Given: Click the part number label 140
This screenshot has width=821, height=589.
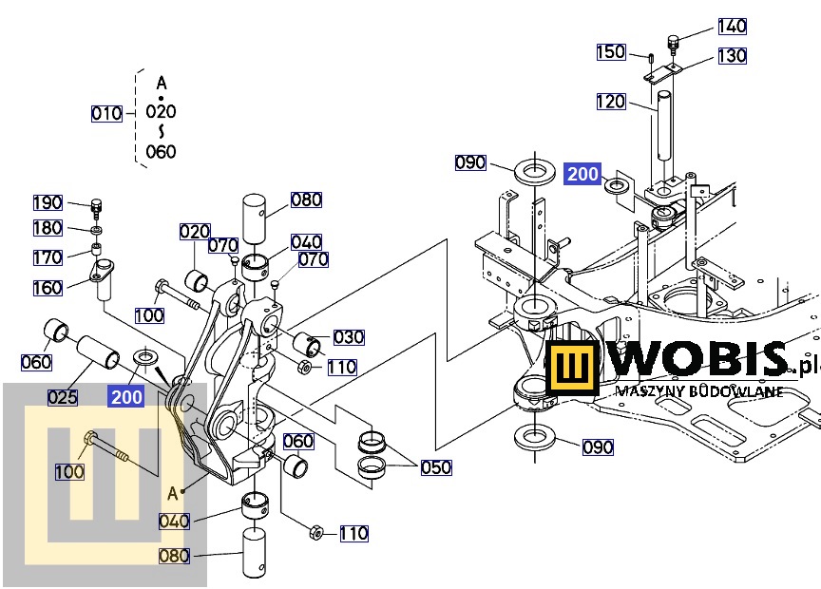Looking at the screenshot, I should [732, 27].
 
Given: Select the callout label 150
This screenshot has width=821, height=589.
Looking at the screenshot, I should [611, 52].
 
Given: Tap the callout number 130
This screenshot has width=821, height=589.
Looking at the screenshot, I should [732, 56].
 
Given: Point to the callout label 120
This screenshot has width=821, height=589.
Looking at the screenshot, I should [611, 102].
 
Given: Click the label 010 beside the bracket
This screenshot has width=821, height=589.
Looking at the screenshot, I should [106, 114].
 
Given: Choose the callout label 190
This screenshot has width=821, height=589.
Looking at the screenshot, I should [48, 202].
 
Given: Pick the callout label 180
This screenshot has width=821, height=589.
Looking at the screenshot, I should [48, 228].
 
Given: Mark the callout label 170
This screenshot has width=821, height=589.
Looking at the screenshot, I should [48, 257].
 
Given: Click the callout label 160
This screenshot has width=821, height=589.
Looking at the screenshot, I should [48, 287].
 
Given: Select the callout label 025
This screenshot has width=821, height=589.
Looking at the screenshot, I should [63, 397].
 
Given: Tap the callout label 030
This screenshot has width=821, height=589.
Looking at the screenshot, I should [349, 337].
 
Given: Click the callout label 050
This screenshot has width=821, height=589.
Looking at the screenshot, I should [436, 467].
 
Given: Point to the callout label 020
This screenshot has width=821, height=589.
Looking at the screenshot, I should [195, 232].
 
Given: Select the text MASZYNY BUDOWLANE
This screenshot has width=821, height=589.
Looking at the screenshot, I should [699, 390].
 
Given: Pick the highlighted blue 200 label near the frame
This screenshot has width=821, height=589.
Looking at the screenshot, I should [582, 174].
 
